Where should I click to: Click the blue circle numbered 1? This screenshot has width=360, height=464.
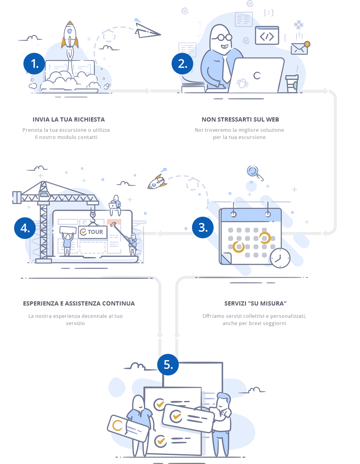click(x=34, y=64)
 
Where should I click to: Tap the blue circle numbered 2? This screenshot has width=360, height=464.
click(x=182, y=64)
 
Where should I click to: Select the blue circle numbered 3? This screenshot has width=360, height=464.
click(x=203, y=227)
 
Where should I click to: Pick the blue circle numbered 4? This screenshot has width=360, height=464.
click(x=25, y=228)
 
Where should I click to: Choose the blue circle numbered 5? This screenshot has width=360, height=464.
click(x=168, y=365)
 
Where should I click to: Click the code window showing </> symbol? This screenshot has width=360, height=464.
click(x=267, y=35)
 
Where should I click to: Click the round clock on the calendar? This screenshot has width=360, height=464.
click(x=280, y=258)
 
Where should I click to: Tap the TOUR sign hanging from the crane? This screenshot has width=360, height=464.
click(x=93, y=232)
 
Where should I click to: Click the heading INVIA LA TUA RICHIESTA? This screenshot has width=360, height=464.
click(x=69, y=119)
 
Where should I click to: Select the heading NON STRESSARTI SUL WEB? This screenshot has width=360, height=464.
click(x=240, y=119)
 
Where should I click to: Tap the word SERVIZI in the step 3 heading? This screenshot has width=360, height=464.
click(x=235, y=303)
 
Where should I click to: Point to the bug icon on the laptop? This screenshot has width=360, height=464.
click(x=242, y=83)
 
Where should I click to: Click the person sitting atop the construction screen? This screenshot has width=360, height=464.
click(x=115, y=205)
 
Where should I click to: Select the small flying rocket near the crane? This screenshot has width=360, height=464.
click(x=157, y=182)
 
